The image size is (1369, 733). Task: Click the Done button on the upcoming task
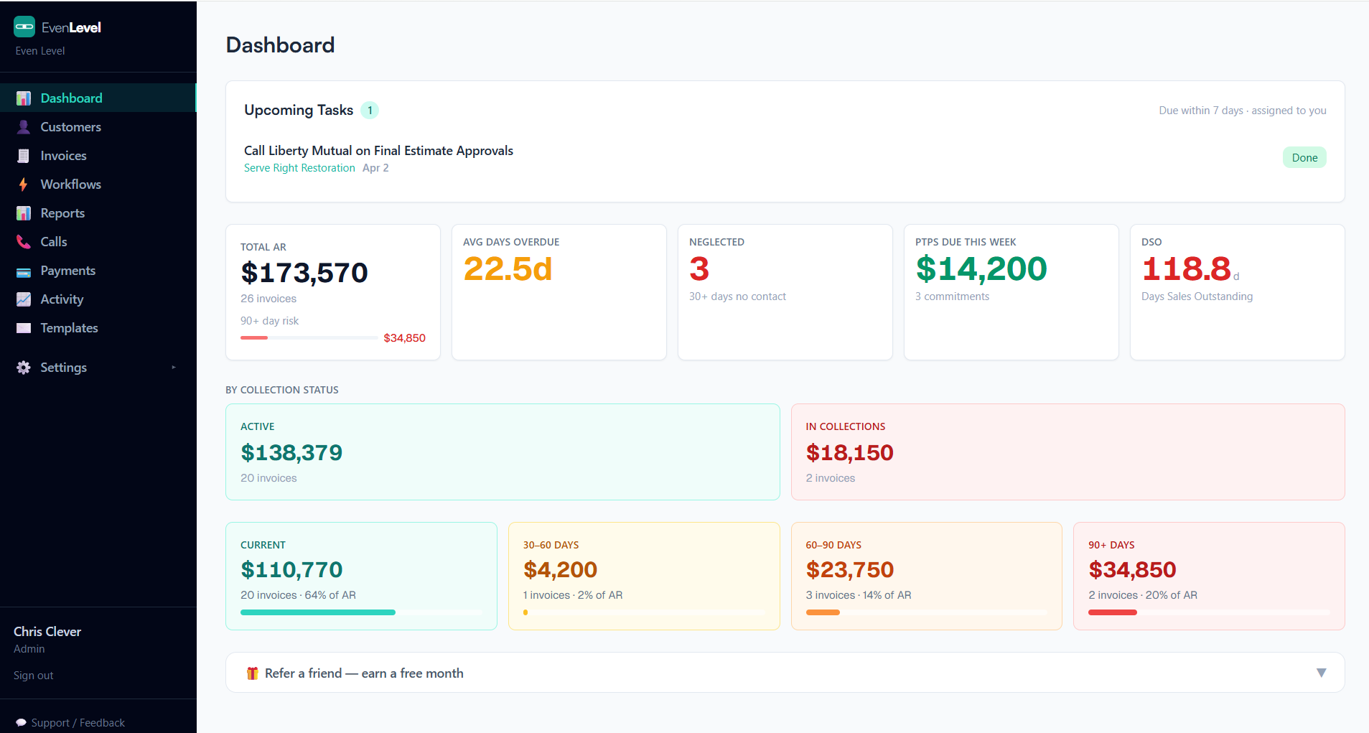click(x=1304, y=158)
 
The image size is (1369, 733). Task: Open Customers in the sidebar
click(x=70, y=127)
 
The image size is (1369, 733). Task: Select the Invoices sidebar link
click(x=63, y=156)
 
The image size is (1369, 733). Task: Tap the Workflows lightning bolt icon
click(x=24, y=185)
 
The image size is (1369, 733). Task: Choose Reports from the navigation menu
click(x=62, y=213)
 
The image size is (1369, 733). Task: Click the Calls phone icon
click(x=24, y=242)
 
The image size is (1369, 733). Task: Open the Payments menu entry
click(x=67, y=271)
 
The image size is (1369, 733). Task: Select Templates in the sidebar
click(x=69, y=328)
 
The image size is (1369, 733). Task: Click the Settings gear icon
click(x=24, y=368)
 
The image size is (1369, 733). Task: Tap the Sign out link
click(x=34, y=676)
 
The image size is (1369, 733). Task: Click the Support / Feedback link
click(x=78, y=723)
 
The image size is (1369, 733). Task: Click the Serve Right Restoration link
click(x=299, y=168)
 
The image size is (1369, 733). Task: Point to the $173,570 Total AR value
click(x=304, y=273)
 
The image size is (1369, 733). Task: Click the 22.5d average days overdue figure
click(x=508, y=269)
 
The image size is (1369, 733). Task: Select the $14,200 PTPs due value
click(x=981, y=269)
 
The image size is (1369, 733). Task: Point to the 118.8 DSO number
click(x=1186, y=269)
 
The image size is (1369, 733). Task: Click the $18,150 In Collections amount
click(x=849, y=453)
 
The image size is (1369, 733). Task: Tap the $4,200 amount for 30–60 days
click(x=560, y=570)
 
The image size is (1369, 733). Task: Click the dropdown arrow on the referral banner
click(x=1321, y=673)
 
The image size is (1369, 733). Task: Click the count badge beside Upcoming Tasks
click(x=370, y=111)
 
